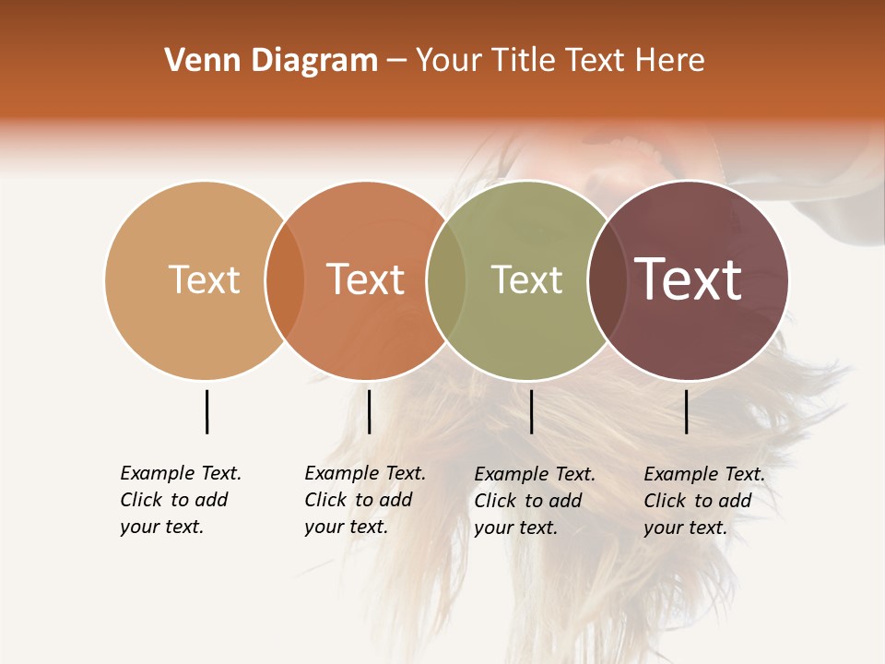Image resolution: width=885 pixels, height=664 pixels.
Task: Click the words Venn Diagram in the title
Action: (x=271, y=61)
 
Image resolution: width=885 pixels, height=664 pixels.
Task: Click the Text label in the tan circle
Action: (x=204, y=279)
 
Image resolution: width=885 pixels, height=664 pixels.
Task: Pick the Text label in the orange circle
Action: (x=366, y=279)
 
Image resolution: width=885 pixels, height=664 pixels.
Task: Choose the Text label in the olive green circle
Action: (x=526, y=279)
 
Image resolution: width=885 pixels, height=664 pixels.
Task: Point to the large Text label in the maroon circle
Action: (x=689, y=279)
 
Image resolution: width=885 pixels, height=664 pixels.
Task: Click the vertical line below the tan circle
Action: (x=206, y=411)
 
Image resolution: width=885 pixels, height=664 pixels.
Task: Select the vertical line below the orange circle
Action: (x=369, y=411)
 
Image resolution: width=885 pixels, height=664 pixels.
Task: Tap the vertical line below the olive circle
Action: (x=531, y=411)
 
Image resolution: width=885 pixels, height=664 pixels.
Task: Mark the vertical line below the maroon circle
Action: (x=686, y=411)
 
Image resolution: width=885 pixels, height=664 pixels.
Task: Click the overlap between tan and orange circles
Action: (x=285, y=279)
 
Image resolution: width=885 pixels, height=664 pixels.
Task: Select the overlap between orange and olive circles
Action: (x=446, y=279)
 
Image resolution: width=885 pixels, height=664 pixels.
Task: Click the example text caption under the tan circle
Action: (x=181, y=500)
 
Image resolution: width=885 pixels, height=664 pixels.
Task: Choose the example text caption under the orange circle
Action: (x=365, y=500)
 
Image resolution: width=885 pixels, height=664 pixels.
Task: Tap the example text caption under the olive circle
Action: (x=535, y=501)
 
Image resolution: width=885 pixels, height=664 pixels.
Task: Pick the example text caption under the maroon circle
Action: (x=704, y=501)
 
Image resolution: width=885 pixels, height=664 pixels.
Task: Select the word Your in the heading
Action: (x=449, y=61)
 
